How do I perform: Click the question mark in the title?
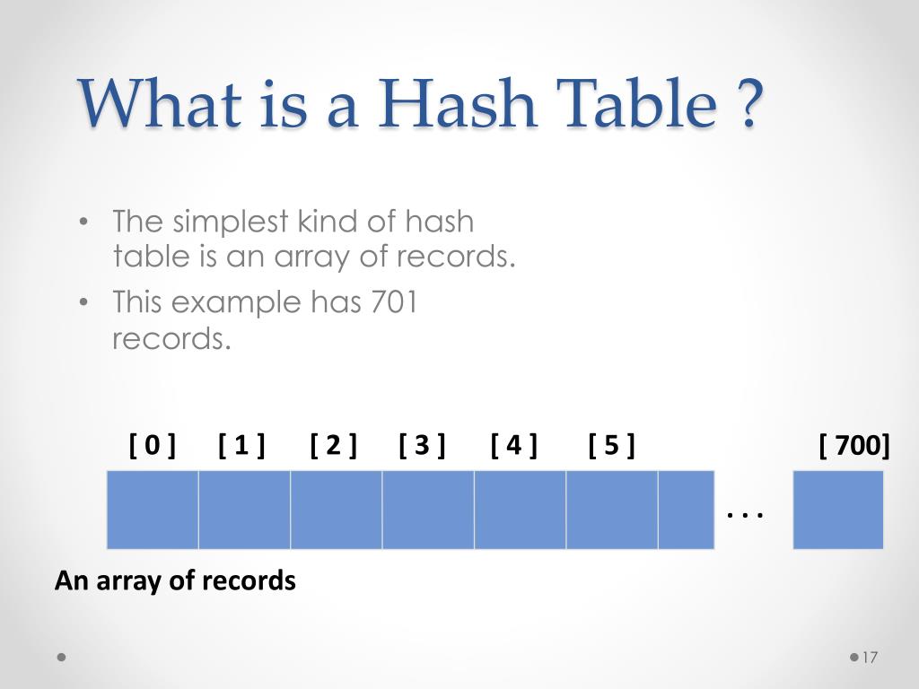tap(752, 105)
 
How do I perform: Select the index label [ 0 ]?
tap(153, 444)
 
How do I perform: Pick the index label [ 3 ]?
tap(422, 444)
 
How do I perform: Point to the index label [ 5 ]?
tap(611, 444)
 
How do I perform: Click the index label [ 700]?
tap(854, 444)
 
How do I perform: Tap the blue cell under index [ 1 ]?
tap(244, 509)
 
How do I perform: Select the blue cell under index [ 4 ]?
tap(520, 509)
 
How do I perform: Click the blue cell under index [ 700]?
tap(838, 509)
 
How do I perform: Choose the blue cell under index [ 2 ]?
tap(336, 509)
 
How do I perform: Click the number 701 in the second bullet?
tap(393, 302)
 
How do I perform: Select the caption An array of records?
tap(175, 580)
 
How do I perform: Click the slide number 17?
tap(868, 658)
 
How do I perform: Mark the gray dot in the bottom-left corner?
tap(61, 657)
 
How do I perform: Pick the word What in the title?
tap(160, 105)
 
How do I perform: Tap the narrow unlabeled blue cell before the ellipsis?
tap(686, 509)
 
